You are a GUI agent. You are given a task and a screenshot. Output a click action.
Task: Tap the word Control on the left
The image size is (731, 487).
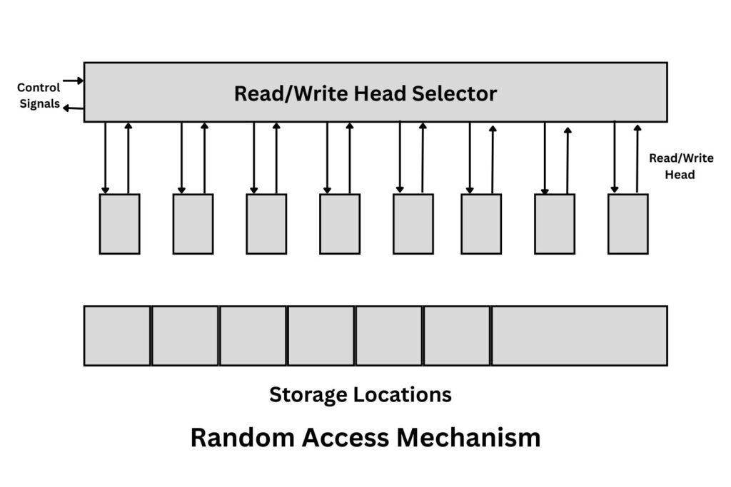tap(39, 88)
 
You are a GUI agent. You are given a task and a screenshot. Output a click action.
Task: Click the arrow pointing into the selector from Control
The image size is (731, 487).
tap(74, 81)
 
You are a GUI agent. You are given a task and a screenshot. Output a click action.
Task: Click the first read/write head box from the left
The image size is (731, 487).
tap(119, 224)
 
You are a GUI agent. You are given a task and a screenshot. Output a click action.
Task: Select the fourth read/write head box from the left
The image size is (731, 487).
tap(340, 224)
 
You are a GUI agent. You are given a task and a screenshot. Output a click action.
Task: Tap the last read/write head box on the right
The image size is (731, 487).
tap(627, 224)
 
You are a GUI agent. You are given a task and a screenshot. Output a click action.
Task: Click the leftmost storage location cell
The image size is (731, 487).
tap(117, 336)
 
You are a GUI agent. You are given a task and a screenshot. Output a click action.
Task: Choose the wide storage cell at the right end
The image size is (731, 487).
tap(579, 336)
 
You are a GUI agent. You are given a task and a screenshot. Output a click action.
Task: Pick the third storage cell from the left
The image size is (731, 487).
tap(253, 336)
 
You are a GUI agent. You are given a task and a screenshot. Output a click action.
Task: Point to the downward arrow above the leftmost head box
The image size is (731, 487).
tap(106, 158)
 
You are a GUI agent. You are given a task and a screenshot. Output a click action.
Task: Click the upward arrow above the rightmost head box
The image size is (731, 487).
tap(637, 158)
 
